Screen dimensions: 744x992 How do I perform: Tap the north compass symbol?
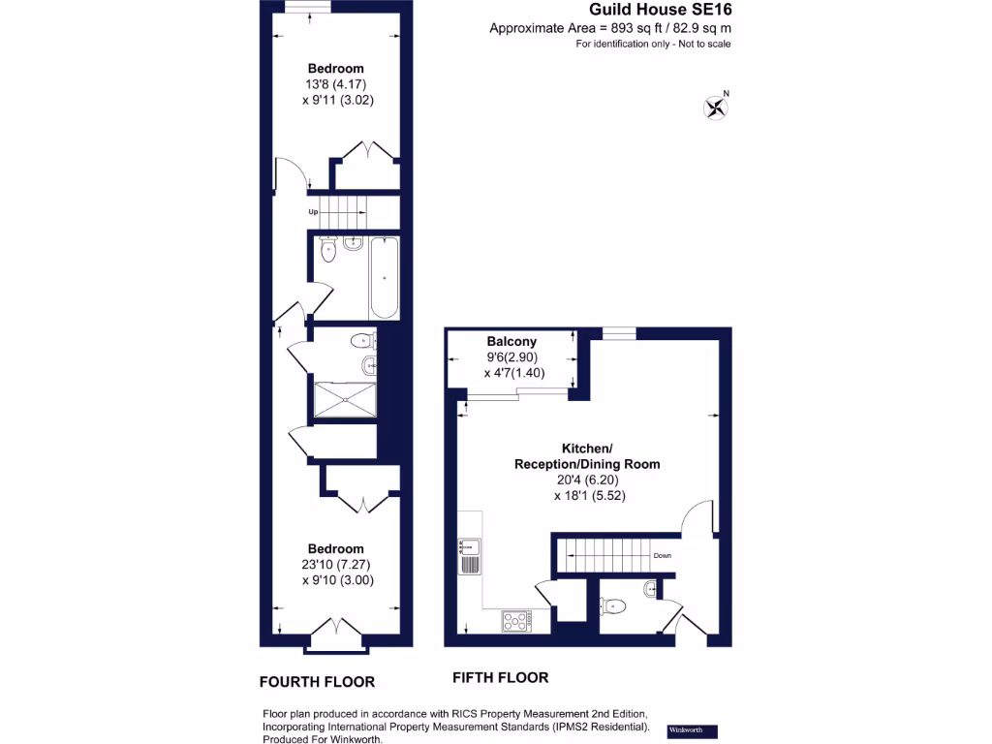(x=717, y=106)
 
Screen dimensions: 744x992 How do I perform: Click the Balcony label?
(x=511, y=342)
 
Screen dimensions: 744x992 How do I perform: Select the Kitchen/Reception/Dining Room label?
(x=586, y=456)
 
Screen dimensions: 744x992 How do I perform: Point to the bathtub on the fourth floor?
(x=384, y=278)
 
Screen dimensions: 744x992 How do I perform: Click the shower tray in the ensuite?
(x=344, y=398)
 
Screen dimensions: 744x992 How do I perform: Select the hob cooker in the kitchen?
(x=515, y=620)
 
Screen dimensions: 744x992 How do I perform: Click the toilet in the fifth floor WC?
(x=614, y=606)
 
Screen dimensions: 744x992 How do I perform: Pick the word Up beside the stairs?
(x=313, y=211)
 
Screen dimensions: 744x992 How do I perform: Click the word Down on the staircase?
(x=663, y=556)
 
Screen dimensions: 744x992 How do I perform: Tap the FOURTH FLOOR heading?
(x=317, y=681)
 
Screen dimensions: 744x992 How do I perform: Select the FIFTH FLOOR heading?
(x=500, y=677)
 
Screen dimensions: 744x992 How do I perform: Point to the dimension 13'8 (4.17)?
(x=335, y=84)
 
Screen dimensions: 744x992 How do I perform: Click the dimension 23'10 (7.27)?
(x=336, y=565)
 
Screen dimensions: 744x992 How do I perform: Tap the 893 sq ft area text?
(x=608, y=28)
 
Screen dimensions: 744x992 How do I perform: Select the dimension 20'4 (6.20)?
(x=586, y=480)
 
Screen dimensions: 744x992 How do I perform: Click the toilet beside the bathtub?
(x=329, y=253)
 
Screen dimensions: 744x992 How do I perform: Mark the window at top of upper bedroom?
(x=308, y=7)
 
